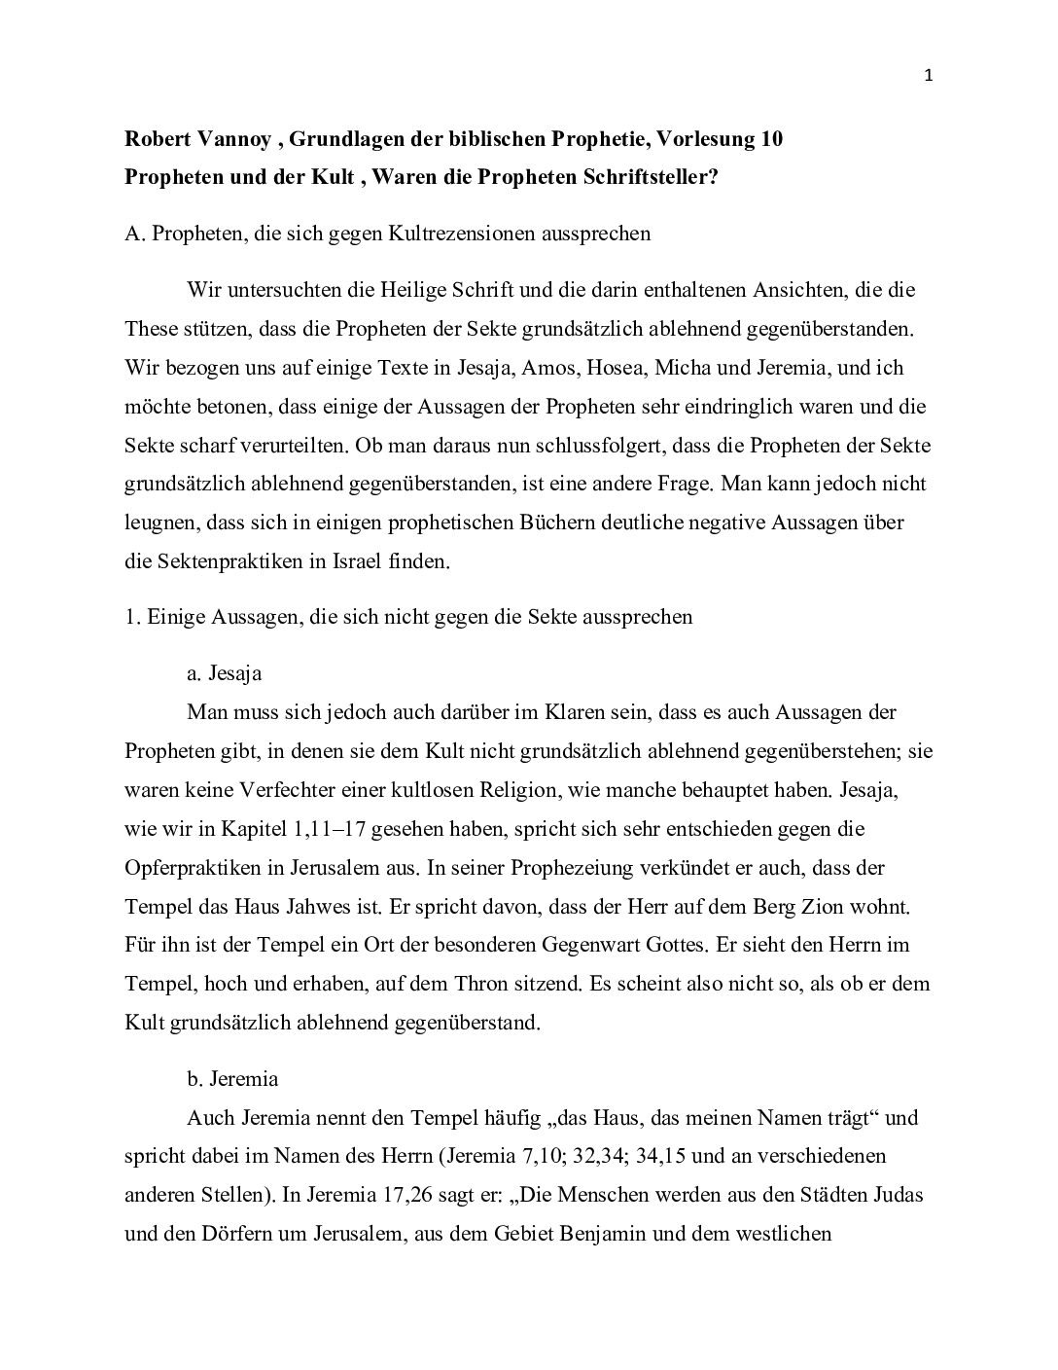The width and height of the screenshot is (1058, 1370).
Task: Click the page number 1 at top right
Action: (928, 77)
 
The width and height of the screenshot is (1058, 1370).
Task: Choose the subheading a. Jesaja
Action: (225, 673)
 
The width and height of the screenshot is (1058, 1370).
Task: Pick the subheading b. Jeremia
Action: (232, 1078)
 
